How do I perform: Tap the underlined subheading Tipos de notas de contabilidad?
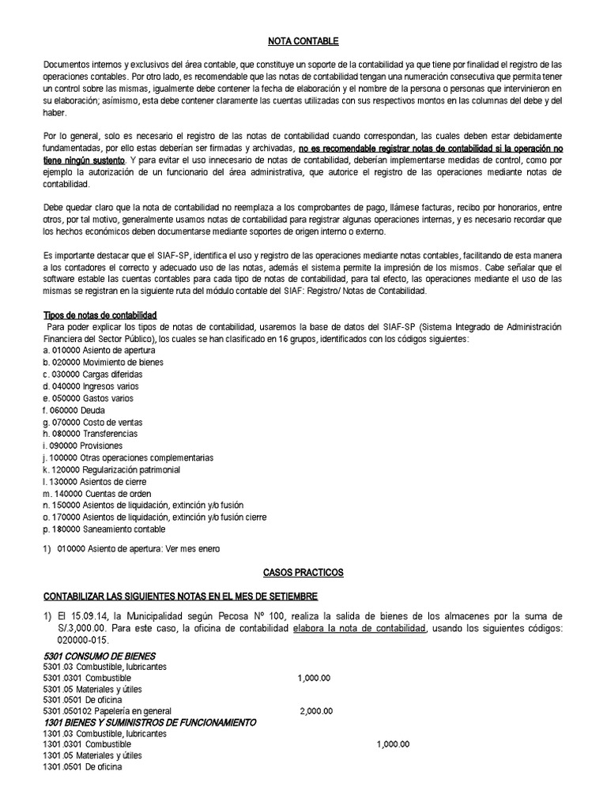100,315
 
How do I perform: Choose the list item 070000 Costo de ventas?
89,422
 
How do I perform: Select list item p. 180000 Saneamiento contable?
104,529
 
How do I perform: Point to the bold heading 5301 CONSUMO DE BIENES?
99,657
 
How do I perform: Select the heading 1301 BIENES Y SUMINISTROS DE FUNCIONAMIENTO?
149,722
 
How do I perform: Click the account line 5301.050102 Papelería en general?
107,711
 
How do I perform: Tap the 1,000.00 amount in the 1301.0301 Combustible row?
393,744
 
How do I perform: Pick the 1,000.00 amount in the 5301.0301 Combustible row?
314,678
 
